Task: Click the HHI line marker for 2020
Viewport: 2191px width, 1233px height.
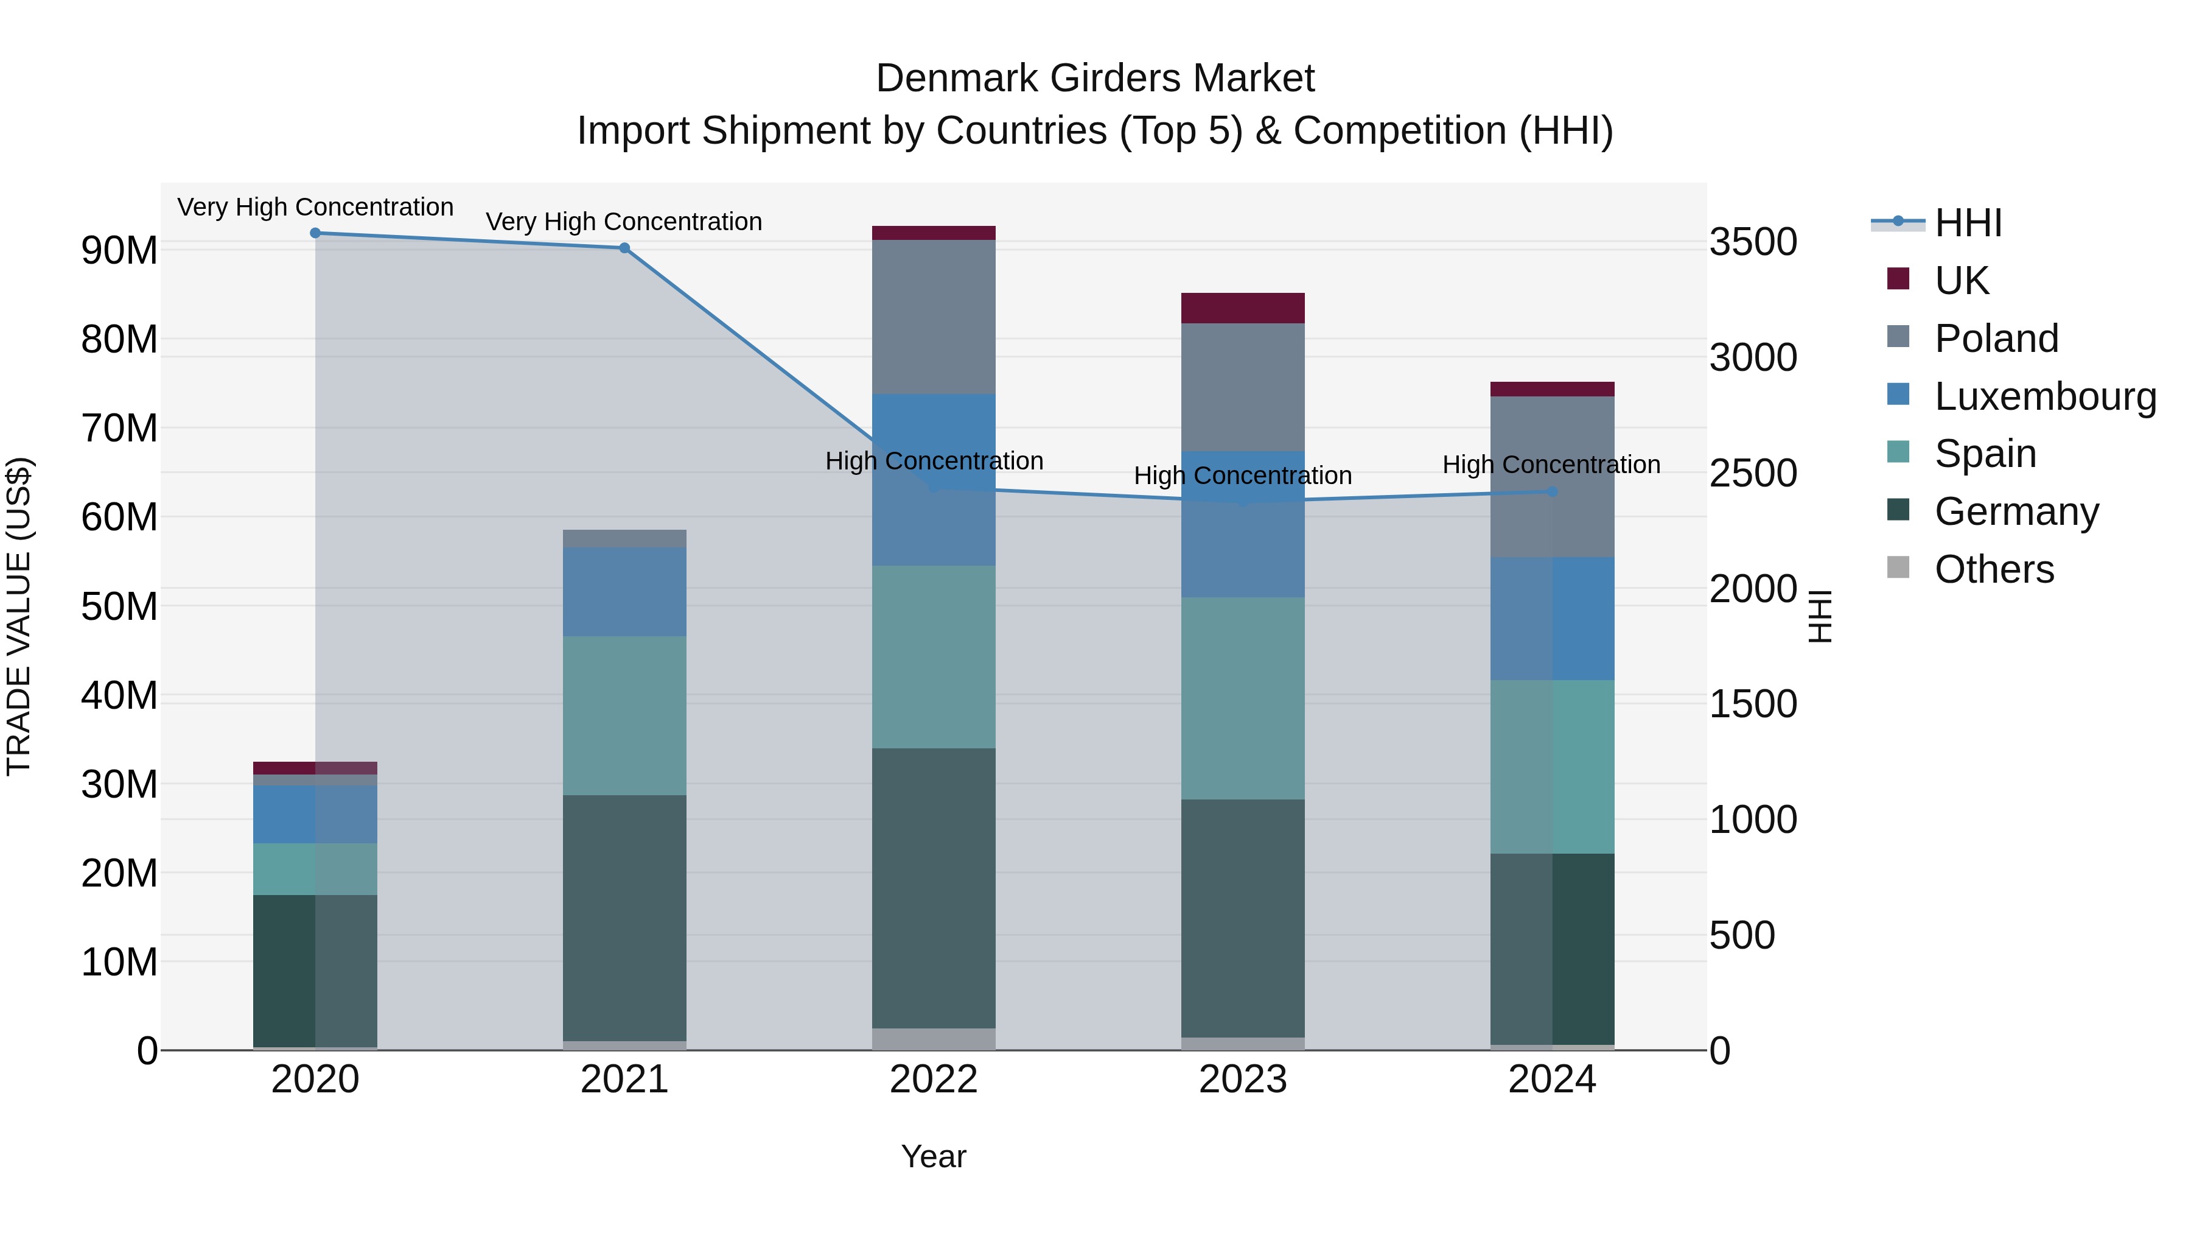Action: (315, 233)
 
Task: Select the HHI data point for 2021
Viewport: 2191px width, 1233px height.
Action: (624, 248)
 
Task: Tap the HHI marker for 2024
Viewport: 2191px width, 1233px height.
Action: (1552, 492)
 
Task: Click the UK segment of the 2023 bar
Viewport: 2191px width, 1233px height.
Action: (1243, 308)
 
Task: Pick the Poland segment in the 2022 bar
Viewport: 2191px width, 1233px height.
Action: (934, 317)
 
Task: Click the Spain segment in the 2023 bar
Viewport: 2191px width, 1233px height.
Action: (1243, 698)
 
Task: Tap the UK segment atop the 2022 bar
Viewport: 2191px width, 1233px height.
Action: (934, 233)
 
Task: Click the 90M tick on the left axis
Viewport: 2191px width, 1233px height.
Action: (119, 250)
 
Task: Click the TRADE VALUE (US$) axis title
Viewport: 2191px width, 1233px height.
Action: (19, 616)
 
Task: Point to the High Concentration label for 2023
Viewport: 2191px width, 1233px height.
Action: (1243, 476)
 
